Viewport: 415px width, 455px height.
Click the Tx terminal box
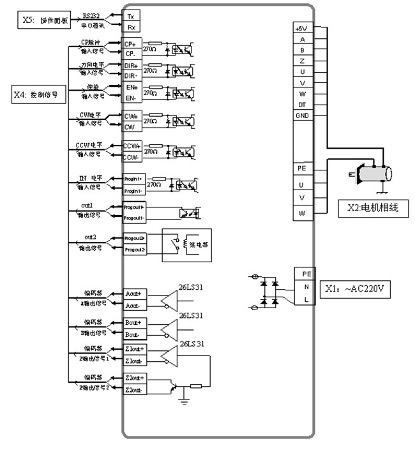click(x=132, y=16)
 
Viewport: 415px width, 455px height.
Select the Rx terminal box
click(x=132, y=27)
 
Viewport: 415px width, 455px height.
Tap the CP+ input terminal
click(x=131, y=44)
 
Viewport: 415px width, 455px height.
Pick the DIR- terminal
click(x=131, y=75)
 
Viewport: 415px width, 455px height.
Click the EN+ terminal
click(x=131, y=86)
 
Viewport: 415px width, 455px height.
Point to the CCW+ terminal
click(x=131, y=146)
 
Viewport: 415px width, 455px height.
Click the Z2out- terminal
click(x=133, y=389)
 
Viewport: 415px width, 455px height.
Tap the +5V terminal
click(x=301, y=29)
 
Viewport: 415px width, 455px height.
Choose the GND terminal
click(x=301, y=116)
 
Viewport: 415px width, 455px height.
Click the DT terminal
click(x=301, y=105)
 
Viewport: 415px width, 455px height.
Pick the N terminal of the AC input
click(x=306, y=287)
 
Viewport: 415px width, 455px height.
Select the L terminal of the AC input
click(x=306, y=299)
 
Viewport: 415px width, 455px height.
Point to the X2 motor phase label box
click(x=373, y=208)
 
